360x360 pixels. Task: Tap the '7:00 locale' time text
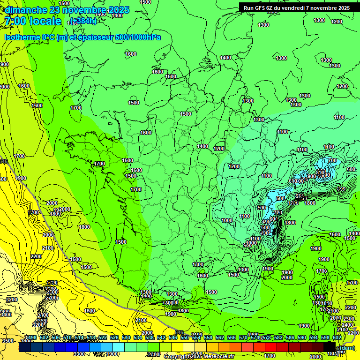click(32, 21)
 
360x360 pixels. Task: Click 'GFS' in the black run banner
click(265, 8)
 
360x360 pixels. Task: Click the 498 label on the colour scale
click(31, 338)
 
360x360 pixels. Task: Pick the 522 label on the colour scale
click(103, 338)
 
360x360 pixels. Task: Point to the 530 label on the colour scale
click(126, 338)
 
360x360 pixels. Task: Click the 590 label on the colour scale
click(302, 338)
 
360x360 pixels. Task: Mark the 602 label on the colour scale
click(337, 338)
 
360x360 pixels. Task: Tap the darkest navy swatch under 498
click(25, 348)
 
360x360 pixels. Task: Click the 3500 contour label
click(7, 341)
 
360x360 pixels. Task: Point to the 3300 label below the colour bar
click(79, 354)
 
